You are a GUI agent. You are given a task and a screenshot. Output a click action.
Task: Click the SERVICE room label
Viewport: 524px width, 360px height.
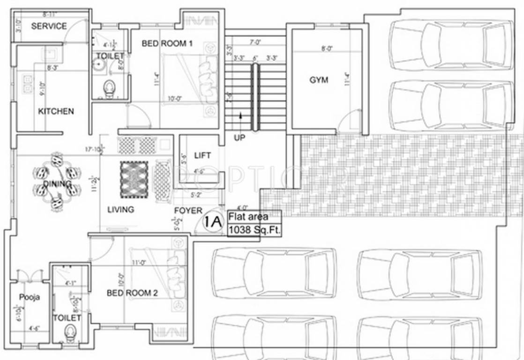(49, 26)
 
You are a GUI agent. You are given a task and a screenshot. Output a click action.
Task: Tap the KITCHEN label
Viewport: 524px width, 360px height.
(56, 112)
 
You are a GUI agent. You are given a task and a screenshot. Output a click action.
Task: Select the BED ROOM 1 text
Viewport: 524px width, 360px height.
(167, 44)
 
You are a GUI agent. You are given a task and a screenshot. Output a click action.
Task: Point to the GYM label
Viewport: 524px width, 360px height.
(319, 80)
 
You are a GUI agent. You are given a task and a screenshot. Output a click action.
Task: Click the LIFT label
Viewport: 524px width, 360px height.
(202, 155)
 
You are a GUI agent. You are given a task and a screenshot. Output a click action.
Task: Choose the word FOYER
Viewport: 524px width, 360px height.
(188, 211)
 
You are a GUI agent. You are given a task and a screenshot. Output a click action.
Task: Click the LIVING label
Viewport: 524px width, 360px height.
(120, 210)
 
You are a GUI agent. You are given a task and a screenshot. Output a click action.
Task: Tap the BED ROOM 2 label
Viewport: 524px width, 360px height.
(132, 293)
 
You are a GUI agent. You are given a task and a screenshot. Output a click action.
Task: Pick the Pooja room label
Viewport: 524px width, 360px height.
(29, 297)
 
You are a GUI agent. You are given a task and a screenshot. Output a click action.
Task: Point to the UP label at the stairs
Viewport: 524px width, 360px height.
(240, 137)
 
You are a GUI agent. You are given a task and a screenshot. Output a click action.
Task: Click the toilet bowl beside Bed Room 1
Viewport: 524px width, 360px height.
(109, 88)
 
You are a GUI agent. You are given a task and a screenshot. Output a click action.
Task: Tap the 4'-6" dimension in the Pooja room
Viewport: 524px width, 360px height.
(34, 329)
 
